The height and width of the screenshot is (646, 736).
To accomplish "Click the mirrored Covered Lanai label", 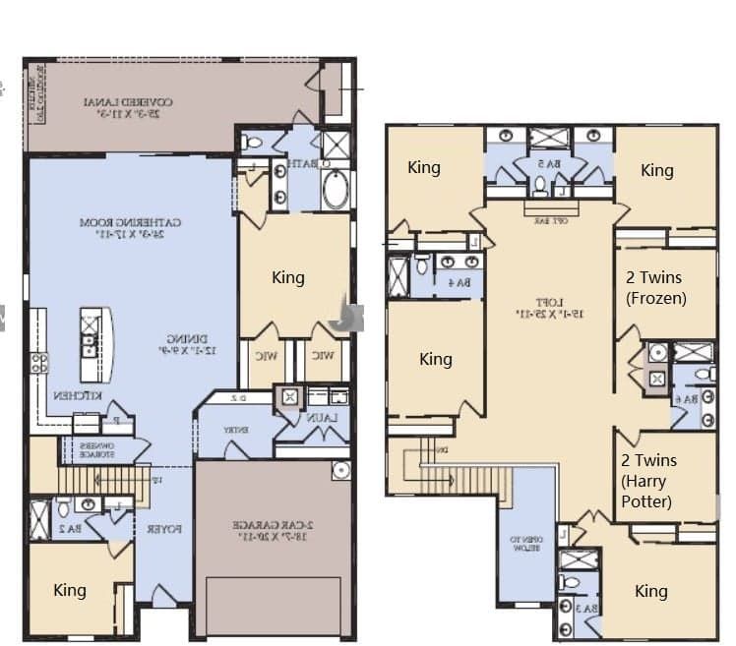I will (129, 107).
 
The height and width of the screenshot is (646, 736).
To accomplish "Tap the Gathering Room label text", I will (129, 228).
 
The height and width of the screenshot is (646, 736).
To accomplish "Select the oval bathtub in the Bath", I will (335, 190).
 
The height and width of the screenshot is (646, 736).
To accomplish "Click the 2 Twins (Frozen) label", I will (655, 288).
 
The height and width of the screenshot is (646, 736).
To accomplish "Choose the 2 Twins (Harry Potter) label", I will (649, 481).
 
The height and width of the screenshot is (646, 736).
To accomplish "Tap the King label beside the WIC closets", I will (287, 277).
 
